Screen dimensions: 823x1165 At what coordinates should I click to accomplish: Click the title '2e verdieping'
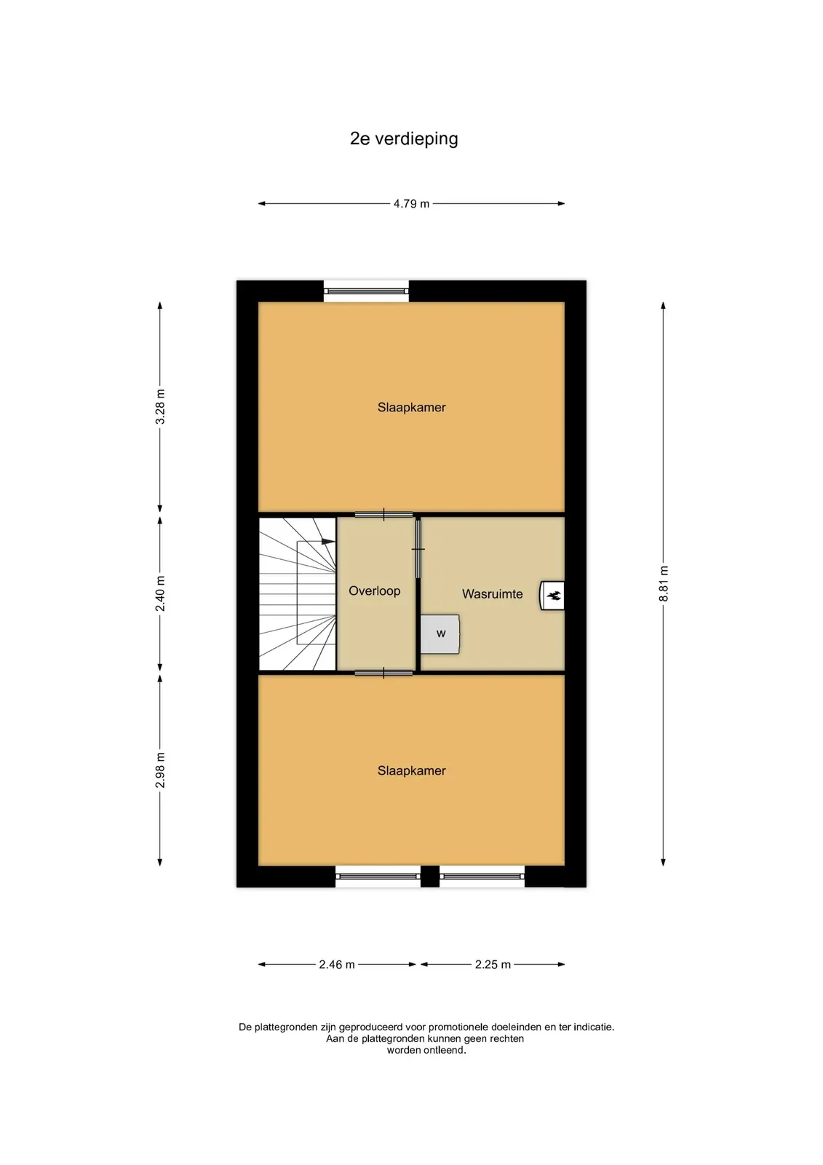403,139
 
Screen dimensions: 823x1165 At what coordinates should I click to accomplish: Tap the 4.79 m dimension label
411,204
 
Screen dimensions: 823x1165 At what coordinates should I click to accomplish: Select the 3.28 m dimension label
160,406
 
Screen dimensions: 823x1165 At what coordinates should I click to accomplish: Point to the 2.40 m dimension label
160,593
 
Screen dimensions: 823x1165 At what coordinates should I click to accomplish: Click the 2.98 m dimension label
160,770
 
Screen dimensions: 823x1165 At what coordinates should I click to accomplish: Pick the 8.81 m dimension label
664,583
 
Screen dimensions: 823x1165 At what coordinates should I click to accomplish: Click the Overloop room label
374,591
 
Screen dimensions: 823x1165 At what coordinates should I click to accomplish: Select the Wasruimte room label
493,594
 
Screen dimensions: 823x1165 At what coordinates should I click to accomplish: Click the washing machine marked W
440,634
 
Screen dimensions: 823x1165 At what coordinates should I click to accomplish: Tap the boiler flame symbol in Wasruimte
554,596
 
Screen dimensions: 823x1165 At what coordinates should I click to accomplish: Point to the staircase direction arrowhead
328,542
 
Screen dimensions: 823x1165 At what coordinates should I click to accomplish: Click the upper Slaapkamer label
411,407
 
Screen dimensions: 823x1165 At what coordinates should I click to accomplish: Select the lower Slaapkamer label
411,770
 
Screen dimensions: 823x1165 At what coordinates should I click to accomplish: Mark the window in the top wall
367,291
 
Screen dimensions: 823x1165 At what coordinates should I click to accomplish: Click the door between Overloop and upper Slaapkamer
383,515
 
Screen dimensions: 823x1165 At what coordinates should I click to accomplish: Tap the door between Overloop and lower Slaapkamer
383,673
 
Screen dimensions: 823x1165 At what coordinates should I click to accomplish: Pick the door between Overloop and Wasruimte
418,549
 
